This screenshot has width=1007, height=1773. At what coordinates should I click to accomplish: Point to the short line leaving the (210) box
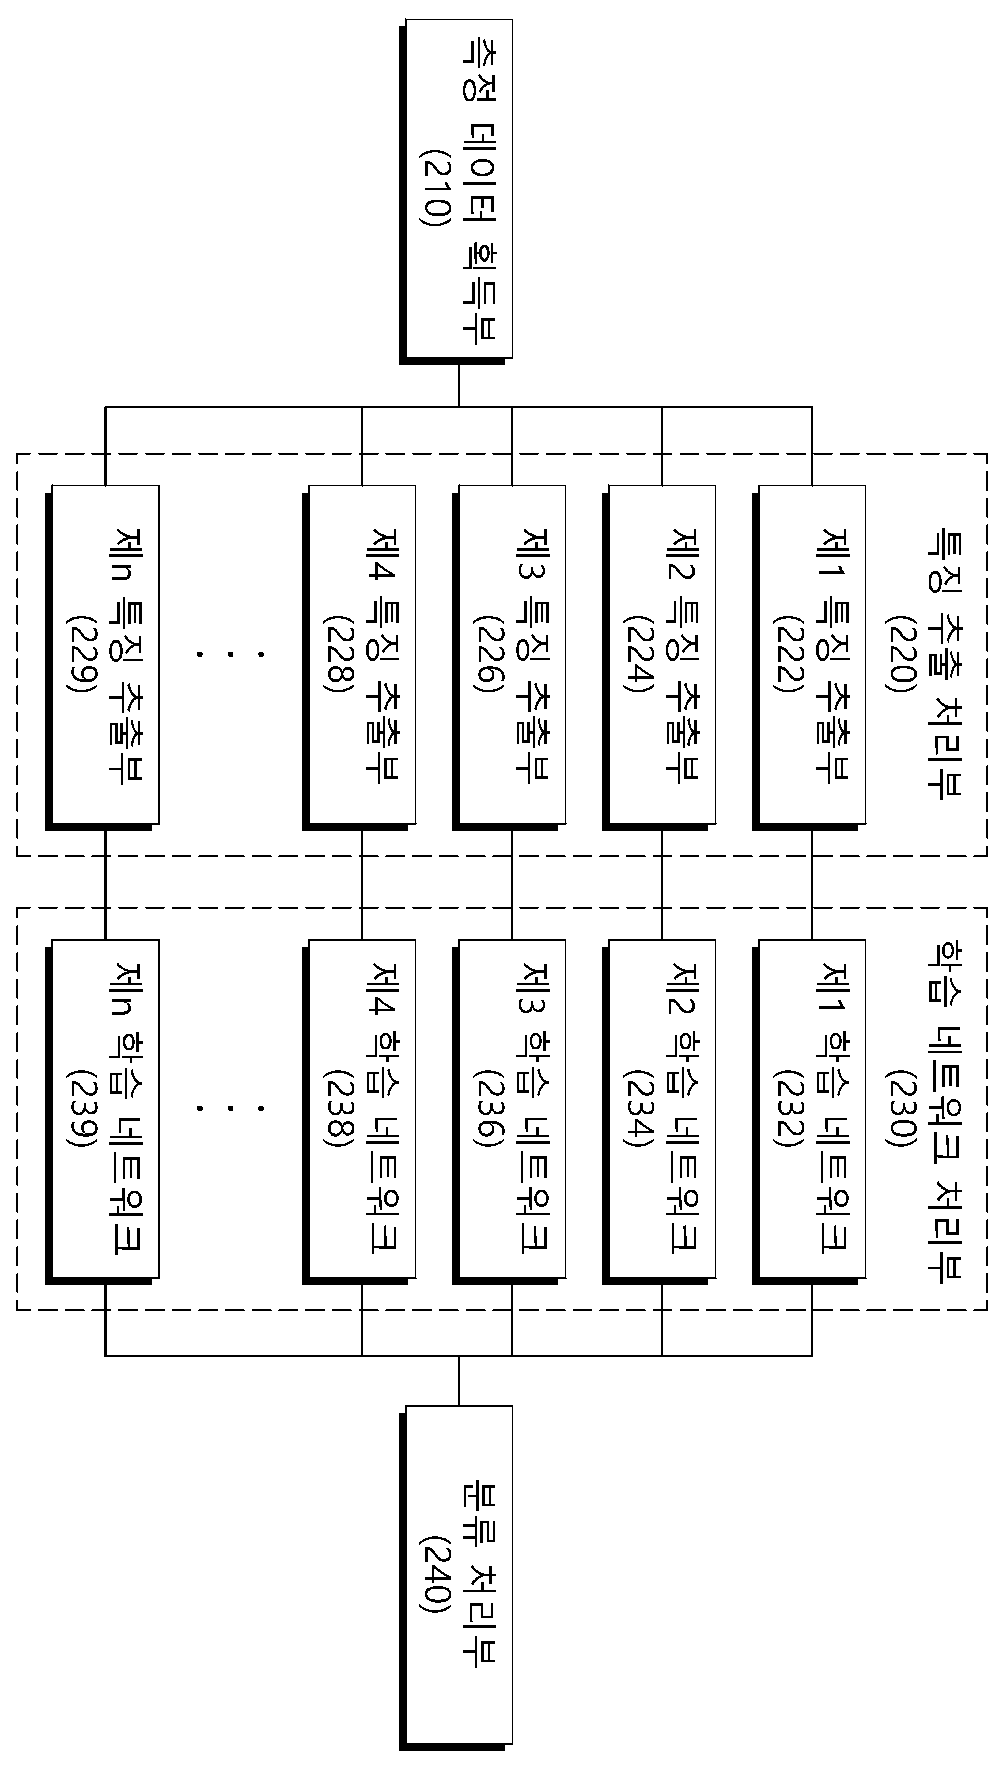459,382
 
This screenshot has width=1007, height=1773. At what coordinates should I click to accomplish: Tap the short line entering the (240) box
459,1380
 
